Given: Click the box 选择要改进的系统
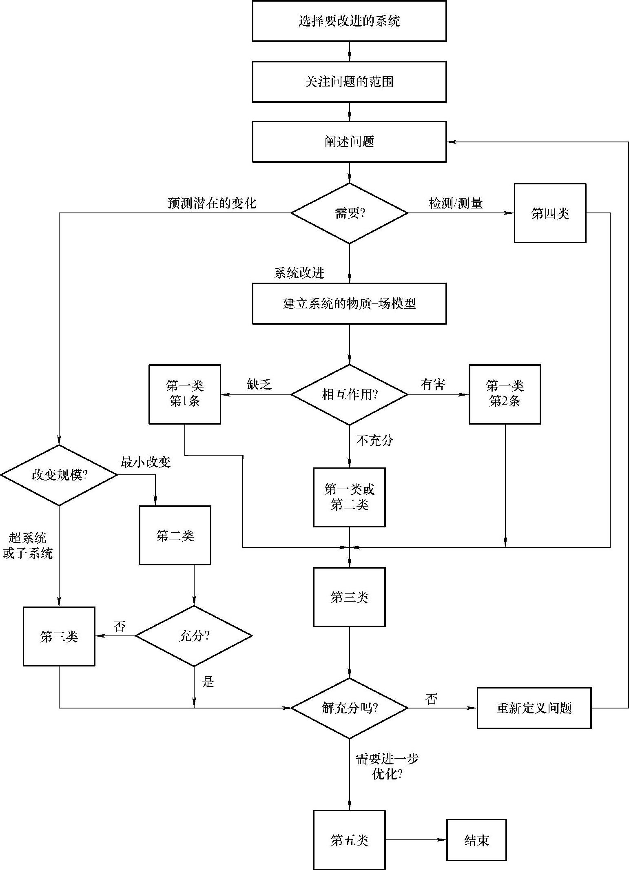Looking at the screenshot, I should [x=349, y=21].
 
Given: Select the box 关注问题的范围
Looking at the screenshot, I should [x=349, y=82].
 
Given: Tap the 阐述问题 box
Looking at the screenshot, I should [x=349, y=142].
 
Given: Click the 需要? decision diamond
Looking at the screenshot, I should [x=349, y=213].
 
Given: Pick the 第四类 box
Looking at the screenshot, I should [x=550, y=213].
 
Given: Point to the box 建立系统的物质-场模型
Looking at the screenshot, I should [x=349, y=304].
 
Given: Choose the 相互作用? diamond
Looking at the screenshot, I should [x=349, y=394].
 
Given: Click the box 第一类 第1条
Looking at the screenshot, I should [x=185, y=394].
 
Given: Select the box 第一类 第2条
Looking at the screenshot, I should [x=505, y=394].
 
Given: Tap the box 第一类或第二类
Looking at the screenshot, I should [x=349, y=497].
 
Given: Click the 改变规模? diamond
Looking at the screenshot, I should [x=59, y=475].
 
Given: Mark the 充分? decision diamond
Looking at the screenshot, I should [x=194, y=636].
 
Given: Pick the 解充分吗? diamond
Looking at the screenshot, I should [x=349, y=708].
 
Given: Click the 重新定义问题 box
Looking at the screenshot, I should [x=534, y=708].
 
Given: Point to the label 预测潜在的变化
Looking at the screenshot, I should [x=212, y=203].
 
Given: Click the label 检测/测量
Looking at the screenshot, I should [x=456, y=203].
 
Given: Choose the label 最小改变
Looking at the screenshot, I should [x=145, y=462].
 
